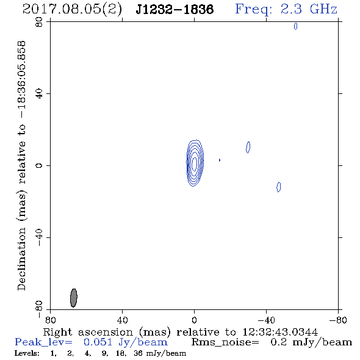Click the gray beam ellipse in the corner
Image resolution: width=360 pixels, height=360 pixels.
point(73,298)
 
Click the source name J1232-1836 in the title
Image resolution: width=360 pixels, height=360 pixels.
point(175,9)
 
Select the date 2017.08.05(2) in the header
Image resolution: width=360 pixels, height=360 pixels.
point(72,10)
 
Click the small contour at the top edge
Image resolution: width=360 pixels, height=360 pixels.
point(295,26)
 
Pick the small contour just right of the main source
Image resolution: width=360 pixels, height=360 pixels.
point(248,147)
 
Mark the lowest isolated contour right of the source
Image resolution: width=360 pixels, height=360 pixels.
point(278,187)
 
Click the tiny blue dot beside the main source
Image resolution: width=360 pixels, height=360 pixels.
point(220,160)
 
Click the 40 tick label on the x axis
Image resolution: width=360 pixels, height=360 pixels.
point(122,320)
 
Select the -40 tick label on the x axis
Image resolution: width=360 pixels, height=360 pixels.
point(266,320)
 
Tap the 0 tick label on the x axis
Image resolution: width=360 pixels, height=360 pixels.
point(194,320)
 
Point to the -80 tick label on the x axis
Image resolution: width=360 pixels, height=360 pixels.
point(338,320)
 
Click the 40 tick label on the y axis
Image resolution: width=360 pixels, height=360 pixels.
point(39,94)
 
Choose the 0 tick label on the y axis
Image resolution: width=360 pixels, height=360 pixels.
point(39,165)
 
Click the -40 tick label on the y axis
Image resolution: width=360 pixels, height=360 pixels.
point(39,237)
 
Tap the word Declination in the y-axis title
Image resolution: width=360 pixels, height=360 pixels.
point(21,259)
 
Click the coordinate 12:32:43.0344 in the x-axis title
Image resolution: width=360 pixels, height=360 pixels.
point(280,332)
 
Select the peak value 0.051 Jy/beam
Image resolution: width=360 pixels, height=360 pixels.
point(126,342)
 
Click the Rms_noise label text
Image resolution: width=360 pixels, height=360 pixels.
point(225,342)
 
